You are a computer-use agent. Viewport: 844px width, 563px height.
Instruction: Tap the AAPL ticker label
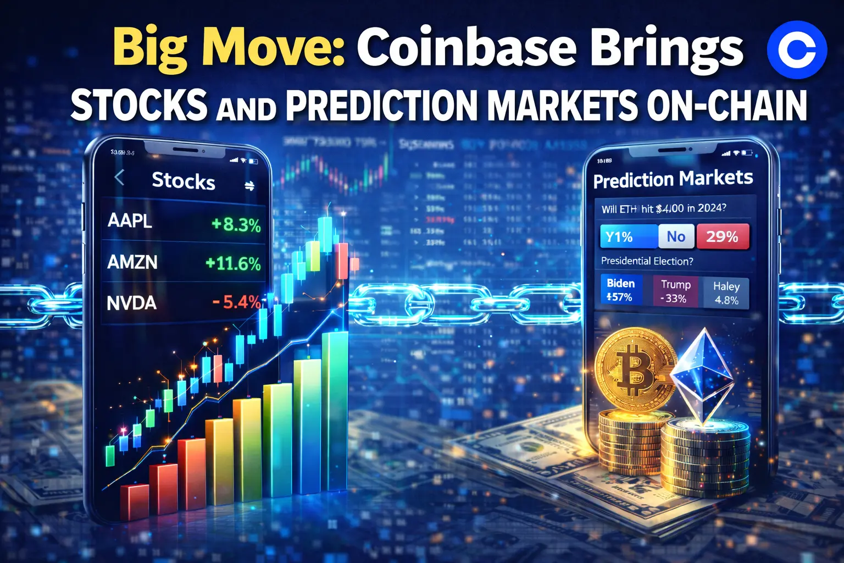130,220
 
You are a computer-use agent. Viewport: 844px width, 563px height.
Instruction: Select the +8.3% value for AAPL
236,224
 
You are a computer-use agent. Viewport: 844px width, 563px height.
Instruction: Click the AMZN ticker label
132,262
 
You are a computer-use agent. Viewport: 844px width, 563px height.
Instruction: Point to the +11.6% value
233,263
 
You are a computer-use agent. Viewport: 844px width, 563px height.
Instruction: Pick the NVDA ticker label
132,303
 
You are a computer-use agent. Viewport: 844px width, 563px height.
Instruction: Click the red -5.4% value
236,302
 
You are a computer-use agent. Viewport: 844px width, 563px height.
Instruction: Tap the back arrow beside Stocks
119,178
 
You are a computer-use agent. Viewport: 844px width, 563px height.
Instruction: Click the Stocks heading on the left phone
184,181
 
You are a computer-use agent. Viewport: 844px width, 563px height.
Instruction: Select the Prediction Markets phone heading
673,179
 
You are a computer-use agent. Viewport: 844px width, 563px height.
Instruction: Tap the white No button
676,236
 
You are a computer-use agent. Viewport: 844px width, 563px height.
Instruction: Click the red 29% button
722,236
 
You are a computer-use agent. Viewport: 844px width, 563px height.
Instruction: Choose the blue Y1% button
628,237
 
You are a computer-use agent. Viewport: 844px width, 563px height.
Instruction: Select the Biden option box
620,290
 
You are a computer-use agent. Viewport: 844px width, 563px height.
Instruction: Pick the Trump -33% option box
675,291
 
